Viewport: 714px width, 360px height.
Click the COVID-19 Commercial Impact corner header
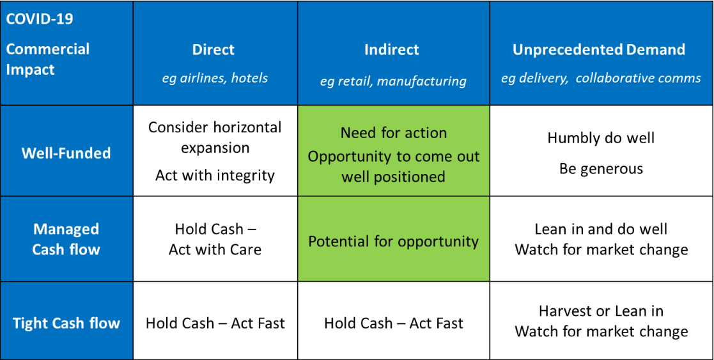pyautogui.click(x=48, y=49)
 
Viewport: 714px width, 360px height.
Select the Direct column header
pyautogui.click(x=213, y=50)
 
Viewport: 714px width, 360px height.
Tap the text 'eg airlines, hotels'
pyautogui.click(x=215, y=78)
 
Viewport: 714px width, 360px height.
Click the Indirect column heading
pyautogui.click(x=392, y=50)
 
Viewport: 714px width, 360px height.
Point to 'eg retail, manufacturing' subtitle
pyautogui.click(x=393, y=81)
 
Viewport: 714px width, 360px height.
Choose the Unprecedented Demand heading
pyautogui.click(x=599, y=50)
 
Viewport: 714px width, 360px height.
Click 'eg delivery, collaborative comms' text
pyautogui.click(x=601, y=78)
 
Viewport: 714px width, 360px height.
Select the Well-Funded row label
pyautogui.click(x=66, y=153)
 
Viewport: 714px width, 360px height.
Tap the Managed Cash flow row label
pyautogui.click(x=66, y=239)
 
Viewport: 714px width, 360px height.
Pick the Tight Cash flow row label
pyautogui.click(x=66, y=323)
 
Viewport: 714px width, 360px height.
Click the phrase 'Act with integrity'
pyautogui.click(x=215, y=175)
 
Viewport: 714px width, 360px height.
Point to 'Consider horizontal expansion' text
pyautogui.click(x=215, y=137)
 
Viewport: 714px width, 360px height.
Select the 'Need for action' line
pyautogui.click(x=393, y=133)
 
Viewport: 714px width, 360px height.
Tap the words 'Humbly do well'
pyautogui.click(x=601, y=137)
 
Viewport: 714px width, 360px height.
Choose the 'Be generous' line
pyautogui.click(x=601, y=169)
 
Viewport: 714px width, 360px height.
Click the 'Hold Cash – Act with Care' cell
pyautogui.click(x=215, y=239)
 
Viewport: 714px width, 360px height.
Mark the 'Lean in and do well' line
pyautogui.click(x=601, y=229)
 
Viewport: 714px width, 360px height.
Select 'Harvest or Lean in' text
pyautogui.click(x=601, y=311)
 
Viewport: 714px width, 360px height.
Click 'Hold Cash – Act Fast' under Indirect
pyautogui.click(x=393, y=323)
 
